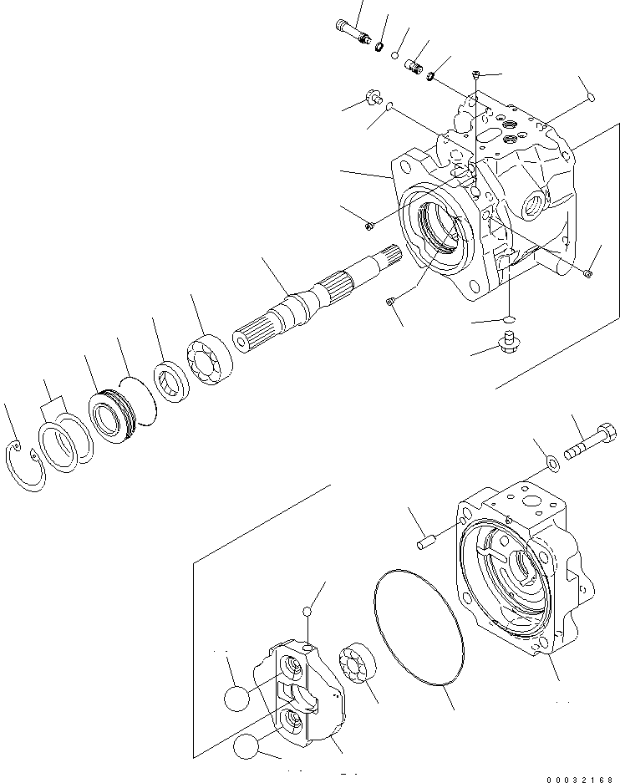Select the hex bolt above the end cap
pos(590,444)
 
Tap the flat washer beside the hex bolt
pos(552,462)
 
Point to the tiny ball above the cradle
pos(309,613)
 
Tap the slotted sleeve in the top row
pos(414,67)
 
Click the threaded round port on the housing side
pos(531,201)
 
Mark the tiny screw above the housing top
pos(475,76)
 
